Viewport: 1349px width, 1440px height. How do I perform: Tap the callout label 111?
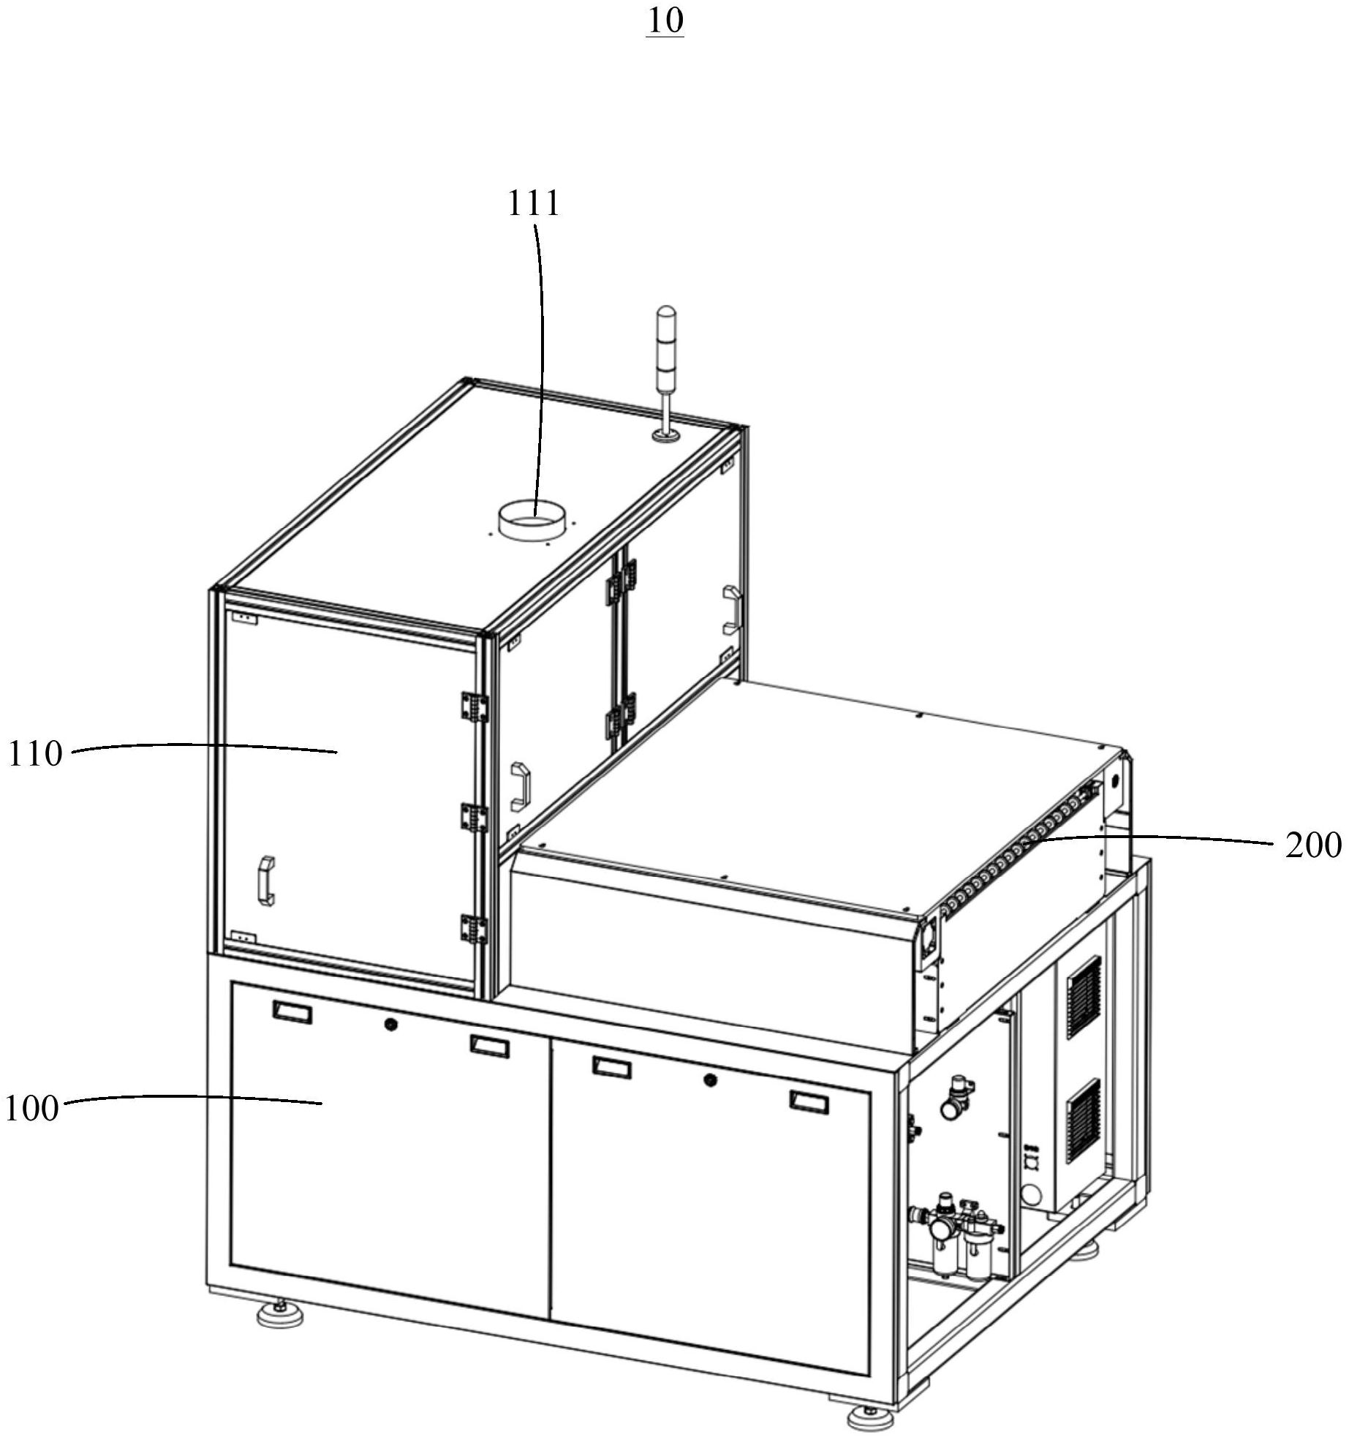pyautogui.click(x=533, y=203)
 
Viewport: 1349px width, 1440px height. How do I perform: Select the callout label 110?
pyautogui.click(x=35, y=753)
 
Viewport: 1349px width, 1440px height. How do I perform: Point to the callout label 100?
pyautogui.click(x=31, y=1109)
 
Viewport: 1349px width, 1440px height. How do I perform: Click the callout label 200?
pyautogui.click(x=1313, y=846)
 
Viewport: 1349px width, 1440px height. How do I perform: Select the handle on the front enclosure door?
pyautogui.click(x=266, y=881)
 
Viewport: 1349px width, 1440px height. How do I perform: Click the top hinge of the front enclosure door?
pyautogui.click(x=473, y=706)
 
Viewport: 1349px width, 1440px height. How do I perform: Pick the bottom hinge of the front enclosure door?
pyautogui.click(x=473, y=929)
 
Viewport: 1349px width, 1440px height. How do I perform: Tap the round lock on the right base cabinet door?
pyautogui.click(x=708, y=1079)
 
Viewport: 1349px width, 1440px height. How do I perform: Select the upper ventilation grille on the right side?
pyautogui.click(x=1084, y=996)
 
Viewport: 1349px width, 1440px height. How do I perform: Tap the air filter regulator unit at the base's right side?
pyautogui.click(x=958, y=1236)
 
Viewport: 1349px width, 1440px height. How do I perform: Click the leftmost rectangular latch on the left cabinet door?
pyautogui.click(x=292, y=1013)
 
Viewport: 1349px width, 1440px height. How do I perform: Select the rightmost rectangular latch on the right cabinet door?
pyautogui.click(x=809, y=1101)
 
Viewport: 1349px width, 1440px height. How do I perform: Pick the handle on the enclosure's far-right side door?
pyautogui.click(x=732, y=608)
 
